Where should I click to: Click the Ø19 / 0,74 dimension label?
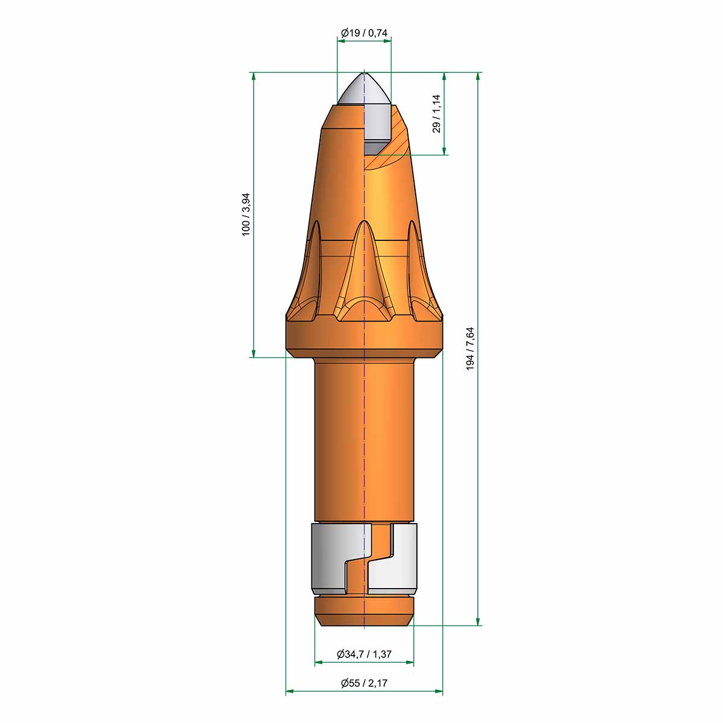pyautogui.click(x=364, y=33)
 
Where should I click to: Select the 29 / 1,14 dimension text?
pyautogui.click(x=436, y=113)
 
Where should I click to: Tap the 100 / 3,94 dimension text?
pyautogui.click(x=246, y=214)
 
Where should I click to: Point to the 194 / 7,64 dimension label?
pyautogui.click(x=470, y=349)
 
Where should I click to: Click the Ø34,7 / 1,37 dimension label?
pyautogui.click(x=364, y=654)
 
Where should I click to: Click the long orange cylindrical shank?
pyautogui.click(x=364, y=439)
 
